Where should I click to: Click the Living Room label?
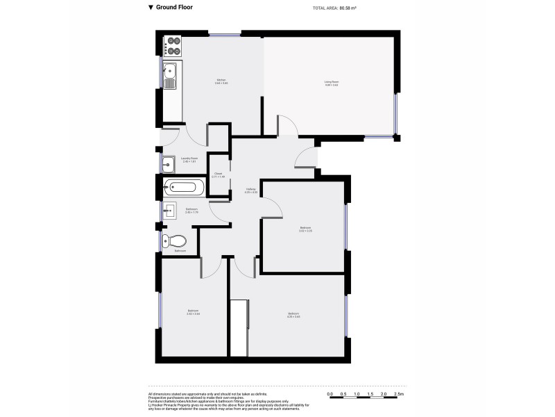point(331,82)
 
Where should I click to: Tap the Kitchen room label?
point(221,81)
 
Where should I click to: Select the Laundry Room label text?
point(189,158)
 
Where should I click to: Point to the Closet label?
point(218,173)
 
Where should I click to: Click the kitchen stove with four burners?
point(173,47)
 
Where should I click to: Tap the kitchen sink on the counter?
point(171,75)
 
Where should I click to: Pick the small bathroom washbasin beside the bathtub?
point(169,209)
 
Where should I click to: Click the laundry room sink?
point(169,164)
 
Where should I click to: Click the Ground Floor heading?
point(174,8)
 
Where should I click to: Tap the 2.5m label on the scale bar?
point(399,394)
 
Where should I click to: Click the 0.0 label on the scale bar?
point(330,394)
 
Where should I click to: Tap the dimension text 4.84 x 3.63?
point(331,85)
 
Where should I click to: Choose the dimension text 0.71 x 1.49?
point(218,177)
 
